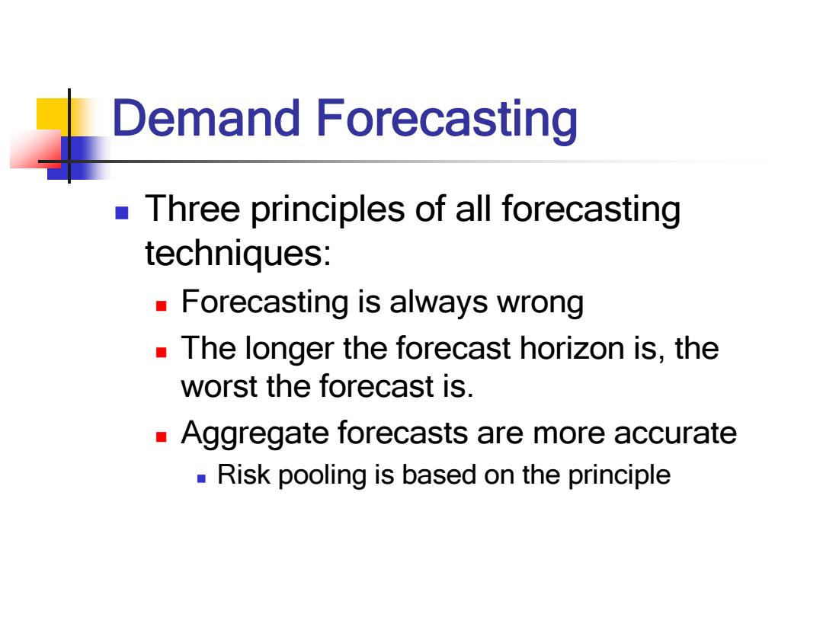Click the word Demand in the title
point(207,118)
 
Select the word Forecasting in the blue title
point(447,121)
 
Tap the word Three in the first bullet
point(193,208)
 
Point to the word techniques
point(238,254)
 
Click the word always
point(438,302)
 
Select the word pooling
point(322,476)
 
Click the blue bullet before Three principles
point(122,213)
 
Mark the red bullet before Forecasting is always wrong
point(161,306)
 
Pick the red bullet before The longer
point(161,352)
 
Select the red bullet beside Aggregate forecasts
point(161,437)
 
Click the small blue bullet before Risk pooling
point(201,478)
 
